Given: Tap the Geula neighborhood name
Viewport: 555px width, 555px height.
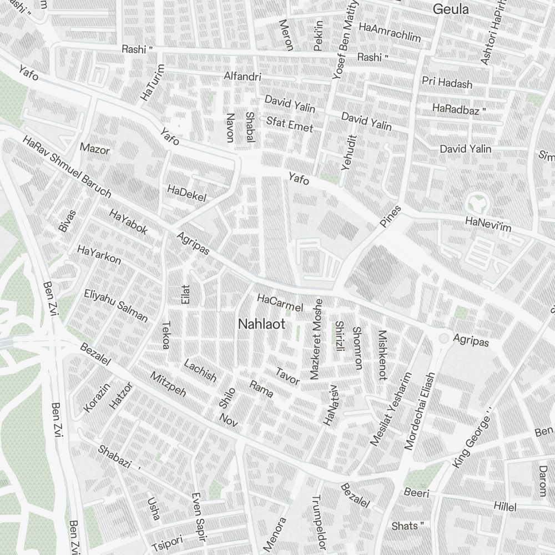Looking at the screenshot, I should [451, 9].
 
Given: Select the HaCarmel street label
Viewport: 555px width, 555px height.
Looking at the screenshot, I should [280, 303].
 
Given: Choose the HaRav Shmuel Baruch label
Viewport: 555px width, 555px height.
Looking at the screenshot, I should [67, 167].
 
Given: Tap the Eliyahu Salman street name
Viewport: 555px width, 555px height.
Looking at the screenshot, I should [116, 306].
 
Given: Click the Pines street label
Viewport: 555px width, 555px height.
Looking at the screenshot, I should [390, 216].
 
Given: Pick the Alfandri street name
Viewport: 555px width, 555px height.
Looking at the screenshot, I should [241, 76].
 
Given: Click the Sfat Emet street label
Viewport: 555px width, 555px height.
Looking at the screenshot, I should [290, 124].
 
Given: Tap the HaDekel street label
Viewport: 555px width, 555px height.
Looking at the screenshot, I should [186, 194].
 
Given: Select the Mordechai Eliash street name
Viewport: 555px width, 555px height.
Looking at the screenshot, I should [420, 411].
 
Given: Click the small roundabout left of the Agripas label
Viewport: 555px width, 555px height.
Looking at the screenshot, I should [443, 338].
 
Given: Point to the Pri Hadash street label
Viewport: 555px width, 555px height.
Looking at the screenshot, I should [447, 83].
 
